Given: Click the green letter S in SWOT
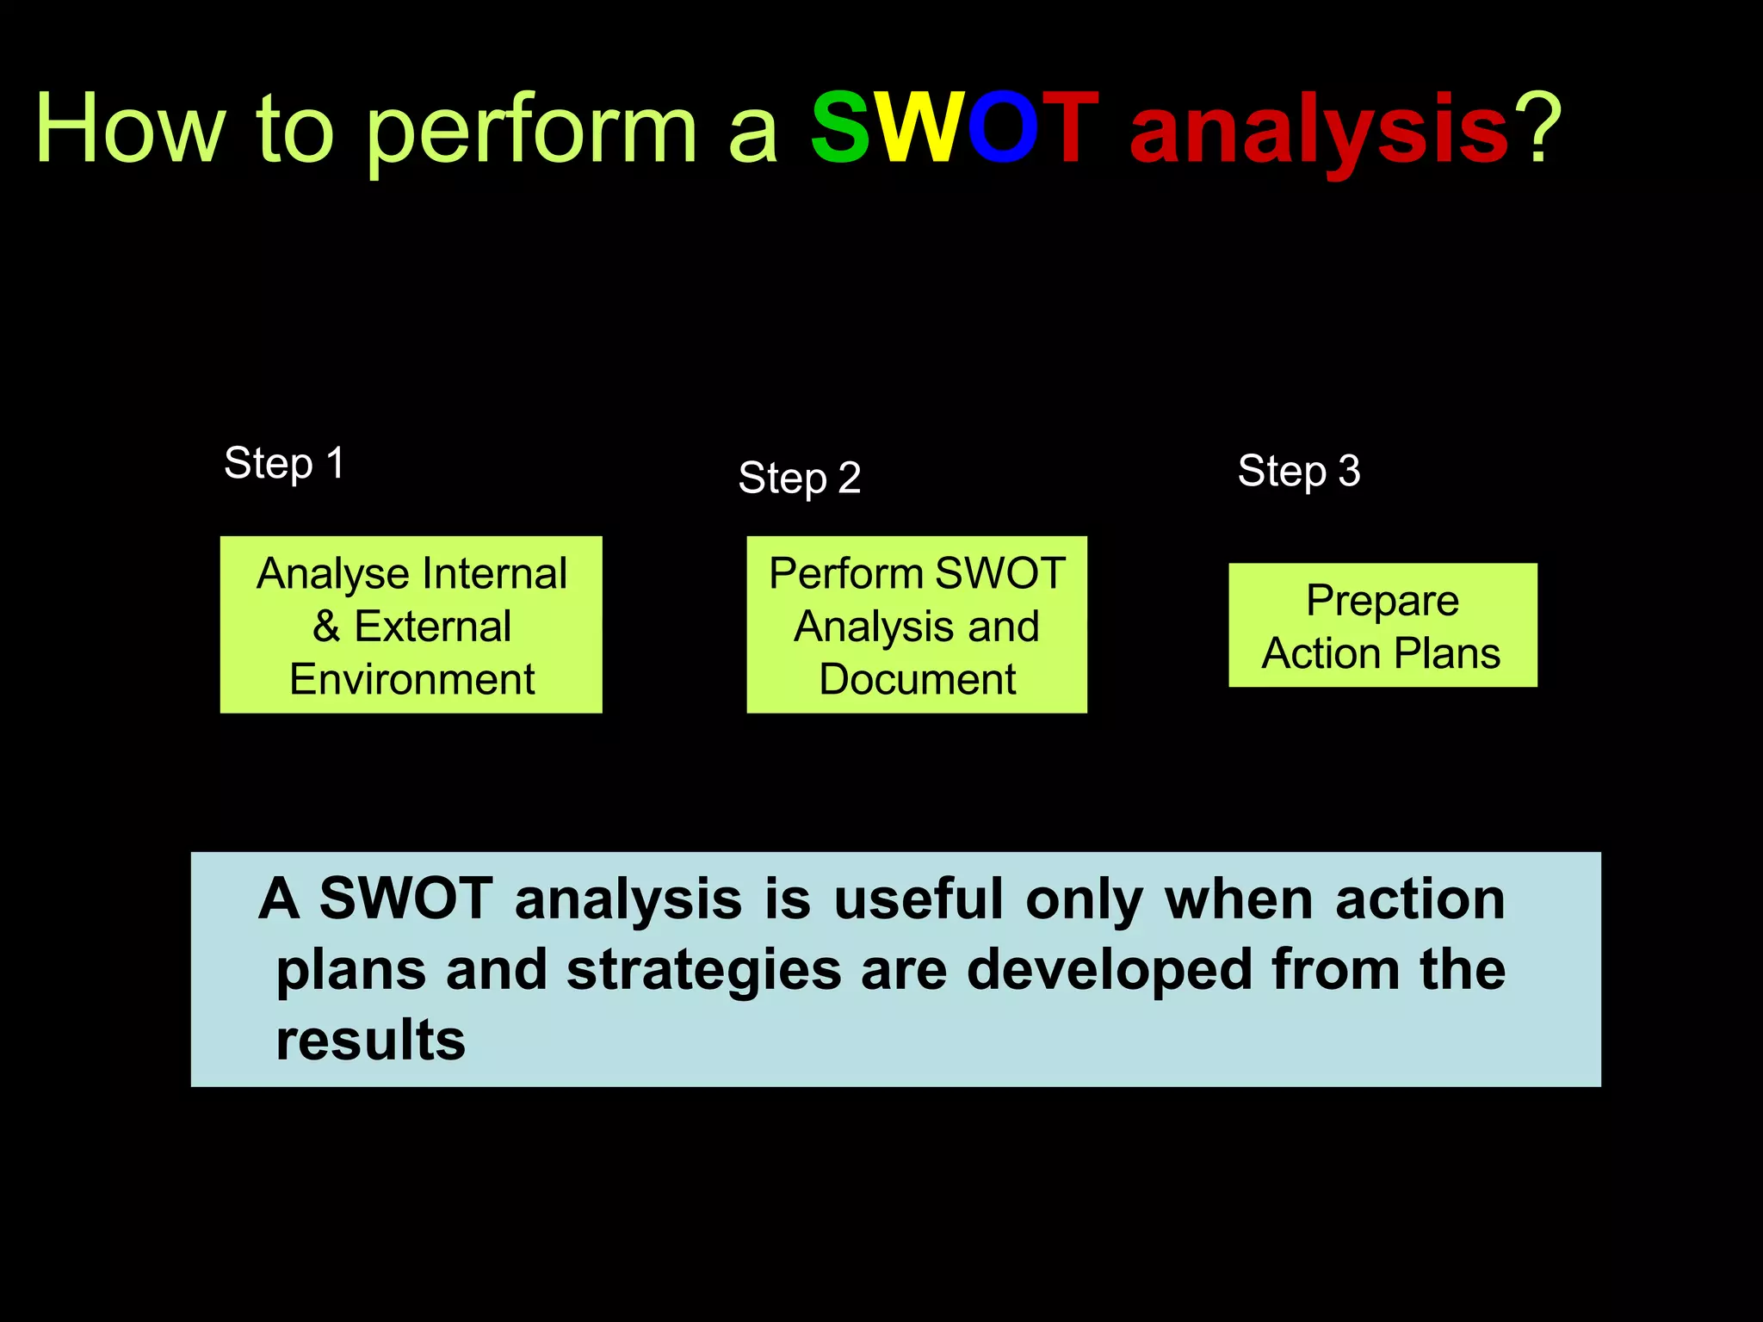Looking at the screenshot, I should pyautogui.click(x=841, y=129).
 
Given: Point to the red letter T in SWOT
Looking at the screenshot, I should pyautogui.click(x=1070, y=129).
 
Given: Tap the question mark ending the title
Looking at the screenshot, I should pyautogui.click(x=1537, y=129).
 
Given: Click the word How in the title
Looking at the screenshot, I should pyautogui.click(x=129, y=129).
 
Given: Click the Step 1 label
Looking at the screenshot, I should pyautogui.click(x=284, y=463).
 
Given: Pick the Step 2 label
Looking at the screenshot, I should pyautogui.click(x=799, y=478).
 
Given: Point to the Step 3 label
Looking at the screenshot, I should pyautogui.click(x=1298, y=471).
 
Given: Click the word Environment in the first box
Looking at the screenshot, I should pyautogui.click(x=411, y=679).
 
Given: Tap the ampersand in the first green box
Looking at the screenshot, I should pyautogui.click(x=325, y=626).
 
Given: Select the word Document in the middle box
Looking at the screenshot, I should pyautogui.click(x=917, y=679).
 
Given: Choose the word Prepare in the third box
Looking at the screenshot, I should pyautogui.click(x=1382, y=601).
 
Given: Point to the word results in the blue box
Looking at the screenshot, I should pyautogui.click(x=370, y=1040).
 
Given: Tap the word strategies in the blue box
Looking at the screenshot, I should pyautogui.click(x=703, y=970).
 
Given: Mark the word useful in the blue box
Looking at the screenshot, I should pyautogui.click(x=918, y=899).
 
